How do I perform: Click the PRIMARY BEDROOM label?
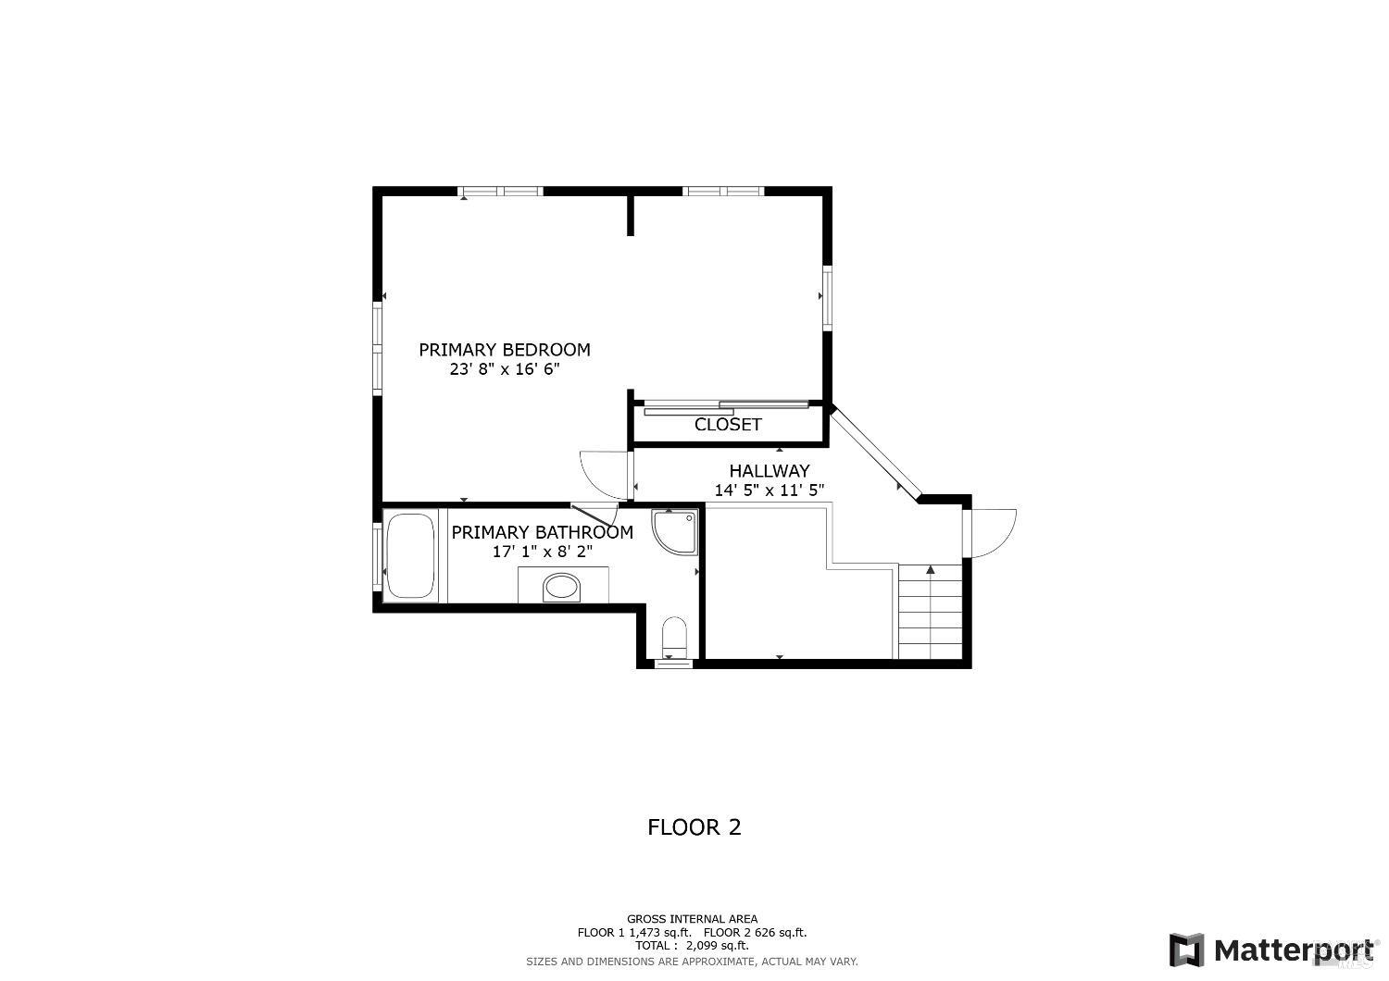tap(504, 350)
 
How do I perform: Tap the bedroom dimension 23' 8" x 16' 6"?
tap(504, 369)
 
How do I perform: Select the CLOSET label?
tap(728, 425)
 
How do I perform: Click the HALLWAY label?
tap(769, 471)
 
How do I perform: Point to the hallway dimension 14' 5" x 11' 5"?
tap(769, 490)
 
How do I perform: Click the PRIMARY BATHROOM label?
tap(542, 533)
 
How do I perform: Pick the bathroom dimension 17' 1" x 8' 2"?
tap(542, 552)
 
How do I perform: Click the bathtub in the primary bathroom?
tap(409, 555)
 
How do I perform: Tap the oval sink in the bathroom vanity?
tap(561, 586)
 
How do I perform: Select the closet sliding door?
tap(727, 406)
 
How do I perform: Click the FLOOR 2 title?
tap(694, 827)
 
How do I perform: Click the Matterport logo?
tap(1273, 950)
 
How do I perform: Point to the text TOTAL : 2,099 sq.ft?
tap(692, 946)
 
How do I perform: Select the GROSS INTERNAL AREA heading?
tap(692, 919)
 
